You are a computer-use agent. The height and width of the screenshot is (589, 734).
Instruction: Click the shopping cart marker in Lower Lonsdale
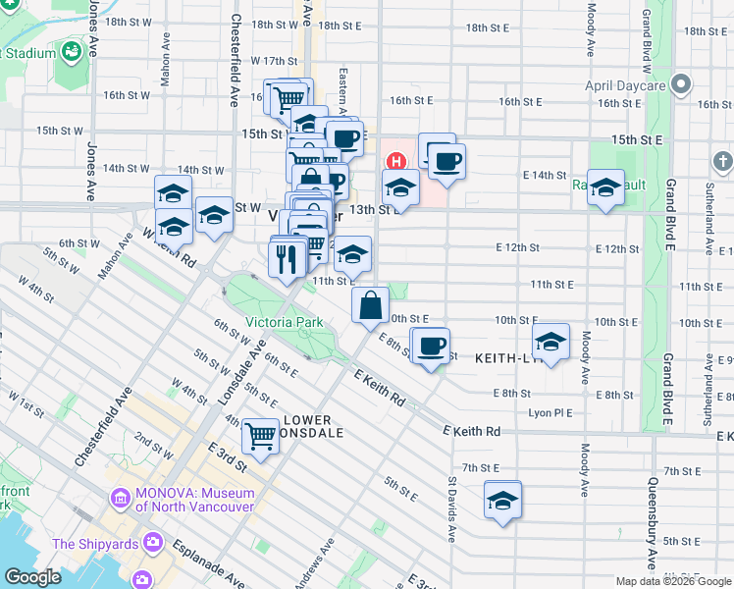(260, 435)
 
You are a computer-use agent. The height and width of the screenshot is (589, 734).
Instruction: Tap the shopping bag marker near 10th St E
(370, 305)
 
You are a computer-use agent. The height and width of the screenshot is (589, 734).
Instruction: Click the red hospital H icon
(396, 161)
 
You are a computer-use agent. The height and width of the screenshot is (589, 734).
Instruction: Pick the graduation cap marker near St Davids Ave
(503, 500)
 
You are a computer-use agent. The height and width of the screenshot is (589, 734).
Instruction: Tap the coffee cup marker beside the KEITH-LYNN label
(430, 347)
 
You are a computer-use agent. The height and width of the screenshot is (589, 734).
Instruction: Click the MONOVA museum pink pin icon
(121, 499)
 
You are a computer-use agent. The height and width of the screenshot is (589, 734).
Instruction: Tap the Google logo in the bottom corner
(31, 577)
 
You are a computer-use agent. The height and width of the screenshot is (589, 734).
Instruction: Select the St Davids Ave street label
(452, 510)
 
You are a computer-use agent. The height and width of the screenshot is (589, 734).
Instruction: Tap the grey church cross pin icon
(722, 160)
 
